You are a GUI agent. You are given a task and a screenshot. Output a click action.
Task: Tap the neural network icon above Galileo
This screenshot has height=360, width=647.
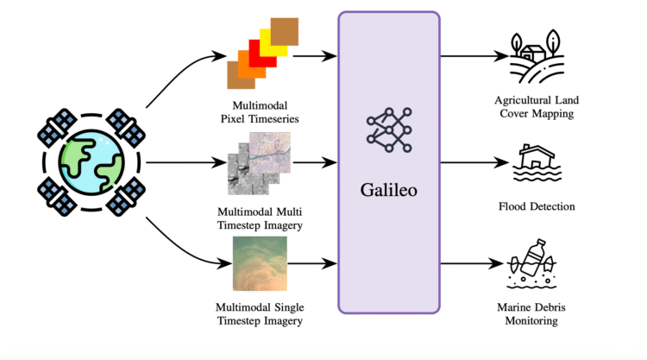tap(388, 128)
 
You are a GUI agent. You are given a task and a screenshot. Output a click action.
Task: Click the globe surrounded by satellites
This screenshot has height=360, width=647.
tap(91, 161)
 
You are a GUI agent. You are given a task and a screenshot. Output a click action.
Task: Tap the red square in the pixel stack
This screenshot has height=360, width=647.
tap(261, 52)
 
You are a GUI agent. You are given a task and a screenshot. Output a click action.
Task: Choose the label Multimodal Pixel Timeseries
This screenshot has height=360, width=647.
tap(259, 111)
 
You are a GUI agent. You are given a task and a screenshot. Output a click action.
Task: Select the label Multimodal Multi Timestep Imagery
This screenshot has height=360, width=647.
tap(259, 219)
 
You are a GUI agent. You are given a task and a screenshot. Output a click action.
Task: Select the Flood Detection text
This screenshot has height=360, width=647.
tap(536, 206)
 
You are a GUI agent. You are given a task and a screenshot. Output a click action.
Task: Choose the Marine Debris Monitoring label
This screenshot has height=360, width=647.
tap(535, 314)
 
